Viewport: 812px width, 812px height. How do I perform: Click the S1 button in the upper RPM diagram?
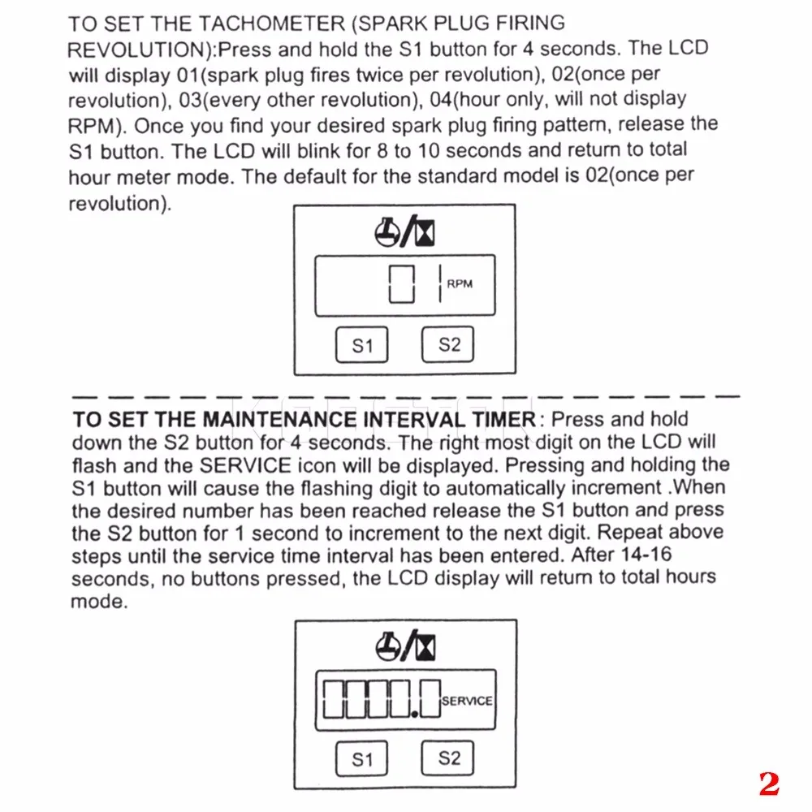click(362, 345)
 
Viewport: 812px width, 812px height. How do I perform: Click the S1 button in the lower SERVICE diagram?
click(362, 759)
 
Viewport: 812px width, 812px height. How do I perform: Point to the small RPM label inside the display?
click(460, 283)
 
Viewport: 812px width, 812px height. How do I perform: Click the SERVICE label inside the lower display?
click(467, 700)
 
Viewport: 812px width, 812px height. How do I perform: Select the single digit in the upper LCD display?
click(402, 284)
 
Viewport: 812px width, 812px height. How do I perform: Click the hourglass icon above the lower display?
click(425, 646)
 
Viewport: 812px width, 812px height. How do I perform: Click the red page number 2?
click(768, 783)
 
